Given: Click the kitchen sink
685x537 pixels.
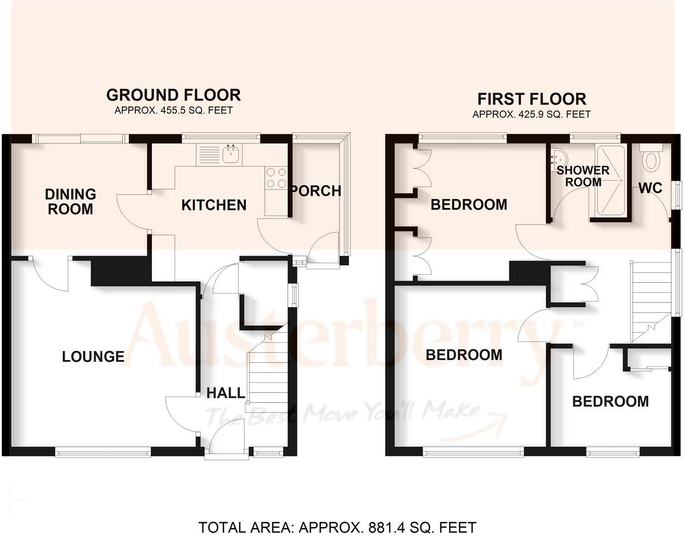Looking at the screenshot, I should [231, 154].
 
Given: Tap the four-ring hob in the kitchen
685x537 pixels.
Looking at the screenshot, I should [276, 178].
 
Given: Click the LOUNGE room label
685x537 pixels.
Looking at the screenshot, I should [93, 356].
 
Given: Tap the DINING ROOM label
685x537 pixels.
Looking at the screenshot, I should [70, 201].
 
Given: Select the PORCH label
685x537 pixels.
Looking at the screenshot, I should [317, 191].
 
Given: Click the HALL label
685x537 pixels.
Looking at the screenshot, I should [226, 393].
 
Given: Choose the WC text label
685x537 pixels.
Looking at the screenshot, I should [650, 188].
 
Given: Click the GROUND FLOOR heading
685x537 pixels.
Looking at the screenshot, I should [173, 95].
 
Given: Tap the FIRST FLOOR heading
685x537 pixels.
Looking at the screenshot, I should [532, 99].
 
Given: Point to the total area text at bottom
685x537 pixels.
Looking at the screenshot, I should [338, 527].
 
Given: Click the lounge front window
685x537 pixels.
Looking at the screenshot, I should [103, 451].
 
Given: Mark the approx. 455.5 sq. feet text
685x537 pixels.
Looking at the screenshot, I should [173, 110].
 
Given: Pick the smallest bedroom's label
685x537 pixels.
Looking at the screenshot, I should [610, 401].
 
